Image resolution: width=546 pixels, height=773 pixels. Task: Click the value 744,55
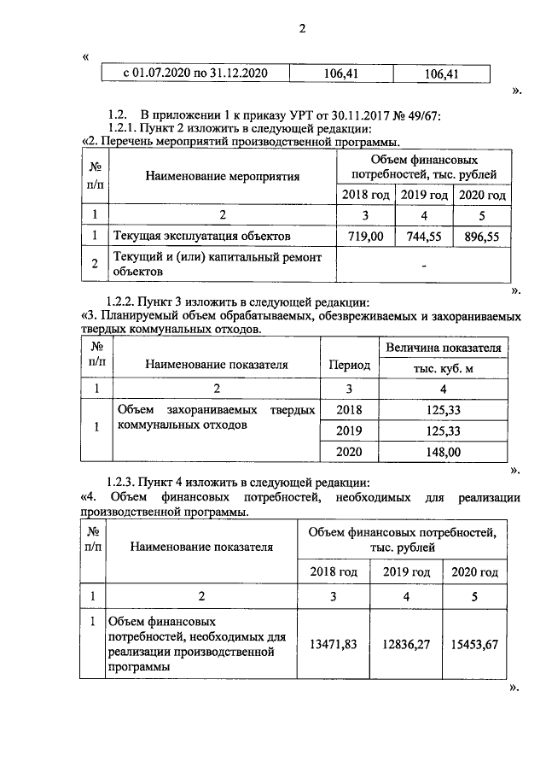[424, 234]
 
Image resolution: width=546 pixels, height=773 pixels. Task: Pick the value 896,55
[482, 234]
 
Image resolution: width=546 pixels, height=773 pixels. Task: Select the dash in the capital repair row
[423, 264]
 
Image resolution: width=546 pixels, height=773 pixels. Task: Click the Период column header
[349, 365]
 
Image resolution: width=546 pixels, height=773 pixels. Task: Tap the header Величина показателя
[443, 348]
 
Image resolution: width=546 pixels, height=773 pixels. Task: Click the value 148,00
[443, 452]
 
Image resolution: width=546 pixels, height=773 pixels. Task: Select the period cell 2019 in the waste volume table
[349, 430]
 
